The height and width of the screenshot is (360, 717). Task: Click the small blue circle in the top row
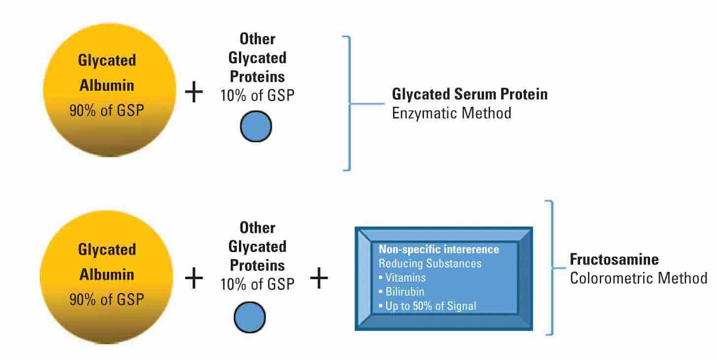coord(256,126)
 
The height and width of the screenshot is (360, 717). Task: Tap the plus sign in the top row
coord(194,93)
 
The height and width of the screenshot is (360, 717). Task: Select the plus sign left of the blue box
coord(319,279)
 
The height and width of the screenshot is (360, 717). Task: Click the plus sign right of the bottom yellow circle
coord(194,279)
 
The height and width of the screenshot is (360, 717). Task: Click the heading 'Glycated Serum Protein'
coord(470,94)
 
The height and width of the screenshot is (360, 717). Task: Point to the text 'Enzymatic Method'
coord(451,113)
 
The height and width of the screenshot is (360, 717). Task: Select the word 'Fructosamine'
coord(614,259)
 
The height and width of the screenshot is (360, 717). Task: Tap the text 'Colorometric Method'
coord(638,278)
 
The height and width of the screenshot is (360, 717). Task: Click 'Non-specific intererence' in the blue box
coord(439,249)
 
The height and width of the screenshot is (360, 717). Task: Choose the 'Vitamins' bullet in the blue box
coord(402,277)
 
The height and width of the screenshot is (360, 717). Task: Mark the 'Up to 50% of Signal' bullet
coord(427,305)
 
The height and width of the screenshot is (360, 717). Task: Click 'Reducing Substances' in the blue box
coord(430,263)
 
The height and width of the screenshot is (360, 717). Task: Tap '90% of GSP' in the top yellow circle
coord(107,110)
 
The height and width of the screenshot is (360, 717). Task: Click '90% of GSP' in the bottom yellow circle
coord(107,299)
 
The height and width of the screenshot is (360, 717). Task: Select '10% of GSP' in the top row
coord(257,95)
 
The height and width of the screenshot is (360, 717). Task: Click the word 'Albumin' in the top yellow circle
coord(107,85)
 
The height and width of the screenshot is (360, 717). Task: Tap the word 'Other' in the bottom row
coord(257,228)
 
